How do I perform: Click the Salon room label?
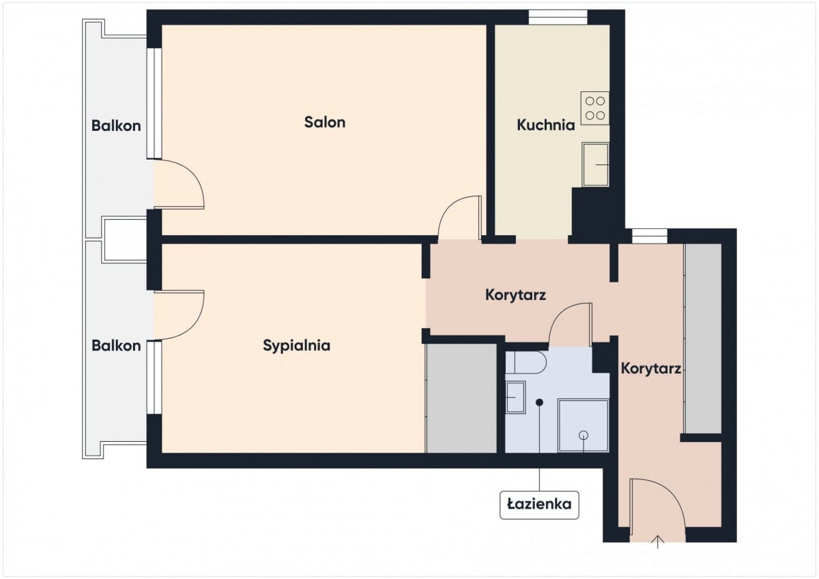tap(325, 122)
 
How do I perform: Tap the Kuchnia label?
tap(545, 125)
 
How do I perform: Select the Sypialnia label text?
tap(296, 346)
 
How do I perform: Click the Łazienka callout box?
tap(539, 505)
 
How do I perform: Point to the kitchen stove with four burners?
tap(595, 108)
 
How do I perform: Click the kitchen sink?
tap(596, 165)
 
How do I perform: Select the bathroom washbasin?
tap(515, 397)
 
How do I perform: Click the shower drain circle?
tap(584, 434)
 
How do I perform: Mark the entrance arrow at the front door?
tap(658, 541)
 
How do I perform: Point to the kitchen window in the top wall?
tap(558, 17)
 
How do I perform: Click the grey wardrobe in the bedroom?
tap(461, 398)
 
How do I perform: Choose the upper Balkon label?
tap(116, 125)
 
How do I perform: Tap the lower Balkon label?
tap(116, 346)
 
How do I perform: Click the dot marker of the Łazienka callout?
tap(539, 402)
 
